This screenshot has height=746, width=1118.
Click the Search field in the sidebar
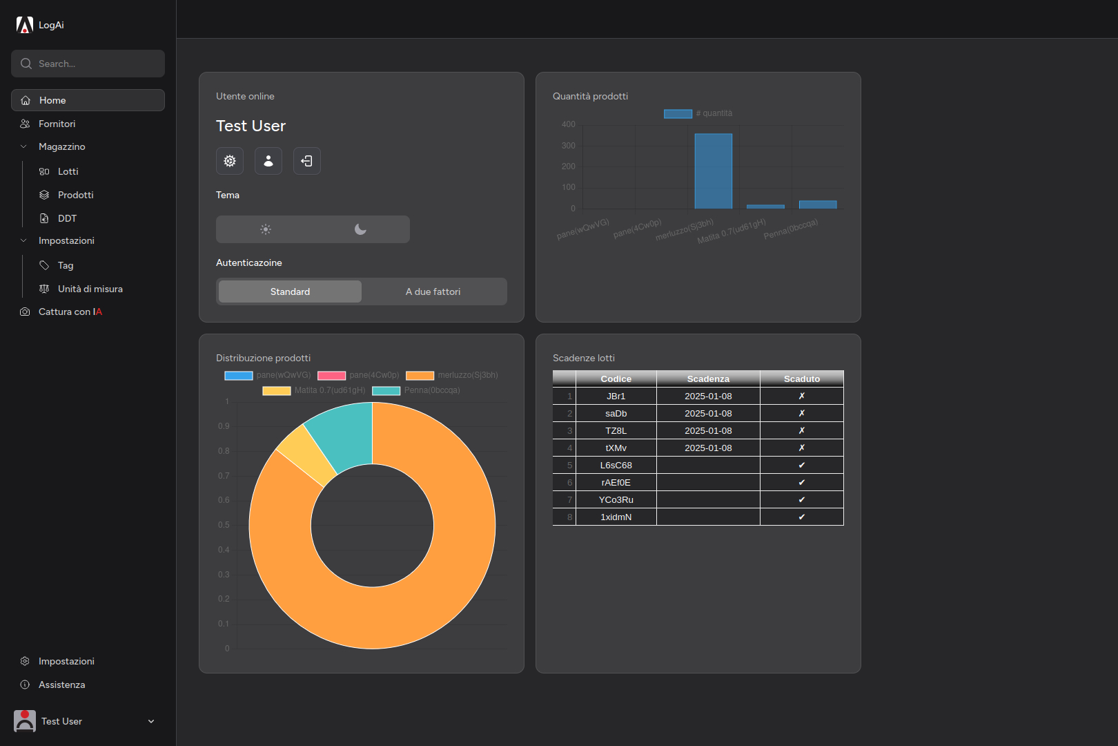click(x=88, y=64)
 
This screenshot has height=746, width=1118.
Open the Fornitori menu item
click(x=57, y=124)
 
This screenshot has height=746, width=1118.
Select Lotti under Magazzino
click(x=68, y=171)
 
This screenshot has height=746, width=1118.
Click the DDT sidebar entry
click(x=67, y=218)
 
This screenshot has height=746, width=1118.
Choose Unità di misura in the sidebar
click(x=90, y=289)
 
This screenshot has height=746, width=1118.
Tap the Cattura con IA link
click(x=70, y=312)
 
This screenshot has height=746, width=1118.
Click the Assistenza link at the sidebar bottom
click(x=61, y=685)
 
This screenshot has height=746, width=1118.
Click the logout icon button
click(x=307, y=161)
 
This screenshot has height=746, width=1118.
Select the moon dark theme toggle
click(x=360, y=229)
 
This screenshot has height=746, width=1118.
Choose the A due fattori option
click(x=433, y=291)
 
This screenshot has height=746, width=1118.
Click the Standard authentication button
click(x=290, y=291)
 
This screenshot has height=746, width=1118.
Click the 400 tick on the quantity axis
click(x=568, y=124)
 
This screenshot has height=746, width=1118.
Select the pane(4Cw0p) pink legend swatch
click(x=331, y=375)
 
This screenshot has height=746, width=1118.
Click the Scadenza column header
click(x=708, y=379)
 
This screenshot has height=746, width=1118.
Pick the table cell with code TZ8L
click(x=616, y=430)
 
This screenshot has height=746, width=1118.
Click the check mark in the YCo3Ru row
click(x=801, y=499)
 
